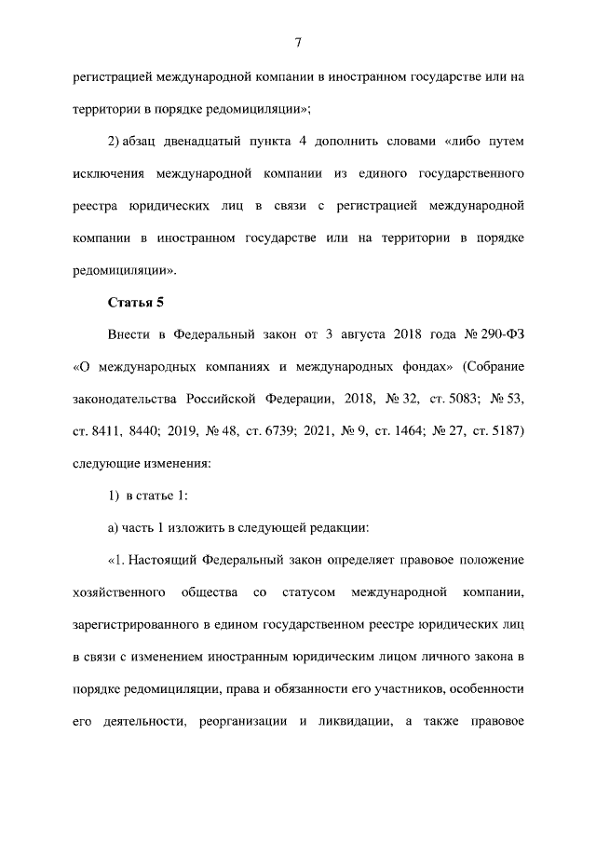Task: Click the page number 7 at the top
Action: pyautogui.click(x=298, y=43)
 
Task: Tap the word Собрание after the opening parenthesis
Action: pyautogui.click(x=494, y=366)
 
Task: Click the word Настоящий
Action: pyautogui.click(x=164, y=560)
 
